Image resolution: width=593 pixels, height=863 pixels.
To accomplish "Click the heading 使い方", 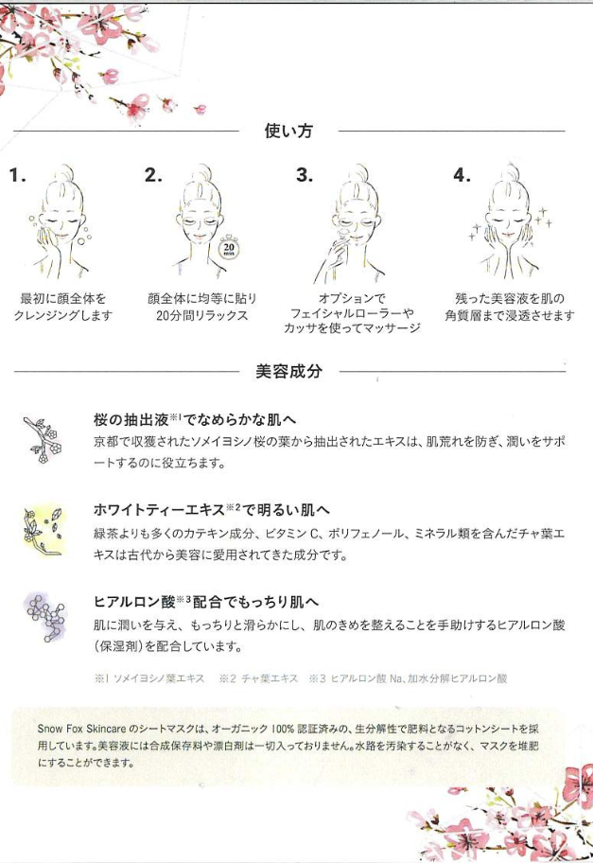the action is [288, 131].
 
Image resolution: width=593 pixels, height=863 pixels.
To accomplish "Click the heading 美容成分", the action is [288, 371].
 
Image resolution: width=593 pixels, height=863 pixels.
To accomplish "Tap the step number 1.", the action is [17, 176].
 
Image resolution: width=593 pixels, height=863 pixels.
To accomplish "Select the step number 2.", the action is [153, 176].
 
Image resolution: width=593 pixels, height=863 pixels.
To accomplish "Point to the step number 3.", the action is [305, 176].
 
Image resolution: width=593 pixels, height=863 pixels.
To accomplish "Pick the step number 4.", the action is [462, 176].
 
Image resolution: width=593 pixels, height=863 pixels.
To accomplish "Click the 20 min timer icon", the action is [229, 249].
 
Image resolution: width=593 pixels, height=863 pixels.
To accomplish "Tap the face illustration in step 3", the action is [350, 223].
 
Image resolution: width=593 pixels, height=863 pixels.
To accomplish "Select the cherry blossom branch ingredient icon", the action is [43, 439].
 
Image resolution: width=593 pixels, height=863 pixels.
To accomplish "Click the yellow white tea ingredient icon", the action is [43, 532].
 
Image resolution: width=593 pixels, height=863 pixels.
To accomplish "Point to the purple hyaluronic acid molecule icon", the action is [45, 617].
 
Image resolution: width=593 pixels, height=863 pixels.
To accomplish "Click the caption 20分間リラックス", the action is [201, 316].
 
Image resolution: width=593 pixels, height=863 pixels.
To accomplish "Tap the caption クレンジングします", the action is [62, 316].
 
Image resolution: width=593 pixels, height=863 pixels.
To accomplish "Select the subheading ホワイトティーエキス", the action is [159, 510].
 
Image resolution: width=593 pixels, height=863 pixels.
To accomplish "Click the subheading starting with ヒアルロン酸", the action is [206, 602].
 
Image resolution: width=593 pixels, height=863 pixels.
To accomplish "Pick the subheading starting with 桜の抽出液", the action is [195, 420].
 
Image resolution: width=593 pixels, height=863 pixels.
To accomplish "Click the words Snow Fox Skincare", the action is [81, 729].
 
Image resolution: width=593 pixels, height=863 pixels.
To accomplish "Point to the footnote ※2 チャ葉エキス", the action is [258, 678].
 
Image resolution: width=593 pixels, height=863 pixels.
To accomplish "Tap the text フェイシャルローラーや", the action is [352, 314].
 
